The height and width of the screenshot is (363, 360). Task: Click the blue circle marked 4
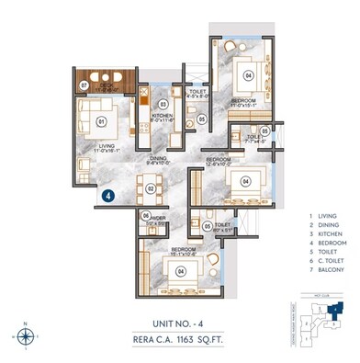click(108, 195)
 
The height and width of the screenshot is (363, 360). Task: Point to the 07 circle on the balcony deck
click(84, 85)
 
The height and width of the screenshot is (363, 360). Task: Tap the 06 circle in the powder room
click(147, 216)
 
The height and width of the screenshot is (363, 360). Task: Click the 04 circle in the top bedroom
click(249, 76)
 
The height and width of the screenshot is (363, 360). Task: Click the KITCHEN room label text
click(161, 115)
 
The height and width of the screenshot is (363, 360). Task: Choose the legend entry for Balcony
click(328, 272)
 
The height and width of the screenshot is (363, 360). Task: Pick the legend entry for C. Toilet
click(329, 263)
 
